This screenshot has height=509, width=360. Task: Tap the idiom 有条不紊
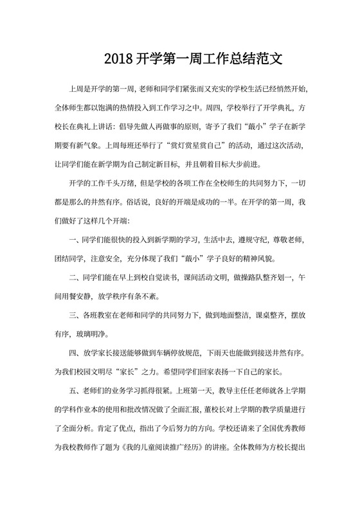(141, 297)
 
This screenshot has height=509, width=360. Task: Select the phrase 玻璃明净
(93, 334)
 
